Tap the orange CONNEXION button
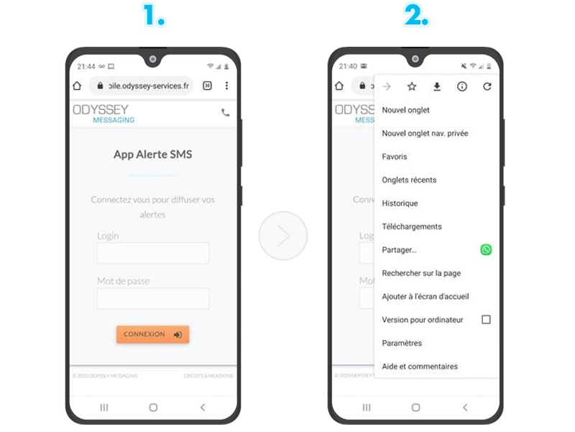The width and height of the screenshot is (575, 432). point(152,334)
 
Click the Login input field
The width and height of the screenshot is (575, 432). point(153,253)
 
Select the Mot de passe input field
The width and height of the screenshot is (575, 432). point(153,298)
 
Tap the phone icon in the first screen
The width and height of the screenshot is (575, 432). point(226,113)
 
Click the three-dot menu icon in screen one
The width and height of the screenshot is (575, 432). point(226,86)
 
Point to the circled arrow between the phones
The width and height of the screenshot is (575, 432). point(283,236)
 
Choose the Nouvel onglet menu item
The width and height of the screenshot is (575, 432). point(406,110)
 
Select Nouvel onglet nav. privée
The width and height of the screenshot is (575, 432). point(425,134)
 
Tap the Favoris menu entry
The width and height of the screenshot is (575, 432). point(395,157)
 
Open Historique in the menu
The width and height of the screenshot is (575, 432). point(400,203)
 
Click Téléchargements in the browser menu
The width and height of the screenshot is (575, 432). point(412,226)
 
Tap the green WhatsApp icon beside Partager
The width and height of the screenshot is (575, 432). point(487,249)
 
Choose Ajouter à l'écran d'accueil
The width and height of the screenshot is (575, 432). point(425,296)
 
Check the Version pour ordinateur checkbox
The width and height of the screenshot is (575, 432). point(486,319)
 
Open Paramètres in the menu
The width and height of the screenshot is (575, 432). point(402,343)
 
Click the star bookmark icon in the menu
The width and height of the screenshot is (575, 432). point(412,86)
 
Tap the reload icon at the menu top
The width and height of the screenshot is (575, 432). point(487,86)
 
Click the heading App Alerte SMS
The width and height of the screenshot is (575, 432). point(153,154)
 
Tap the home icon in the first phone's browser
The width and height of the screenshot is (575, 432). point(77,86)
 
